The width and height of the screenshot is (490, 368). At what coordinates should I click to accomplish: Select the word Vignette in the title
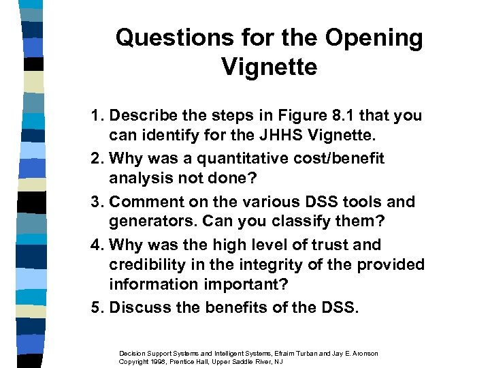[x=269, y=67]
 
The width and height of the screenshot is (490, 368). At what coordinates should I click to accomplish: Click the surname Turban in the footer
[x=296, y=353]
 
